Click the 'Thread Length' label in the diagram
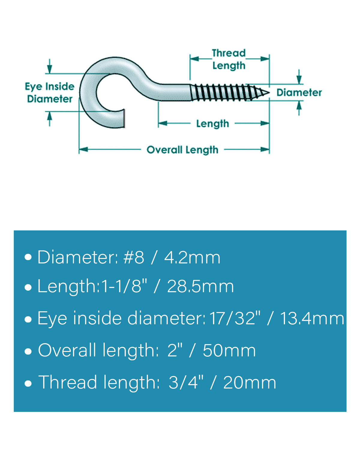pyautogui.click(x=229, y=60)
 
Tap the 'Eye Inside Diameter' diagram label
pyautogui.click(x=49, y=93)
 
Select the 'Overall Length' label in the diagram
pyautogui.click(x=182, y=150)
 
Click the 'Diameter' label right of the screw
pyautogui.click(x=299, y=92)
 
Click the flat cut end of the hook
pyautogui.click(x=124, y=118)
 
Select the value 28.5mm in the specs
pyautogui.click(x=200, y=286)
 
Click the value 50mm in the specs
pyautogui.click(x=229, y=351)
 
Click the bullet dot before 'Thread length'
pyautogui.click(x=28, y=383)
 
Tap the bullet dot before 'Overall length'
pyautogui.click(x=28, y=352)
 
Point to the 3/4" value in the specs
pyautogui.click(x=186, y=382)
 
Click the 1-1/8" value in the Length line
pyautogui.click(x=124, y=286)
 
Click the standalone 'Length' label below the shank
pyautogui.click(x=212, y=124)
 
